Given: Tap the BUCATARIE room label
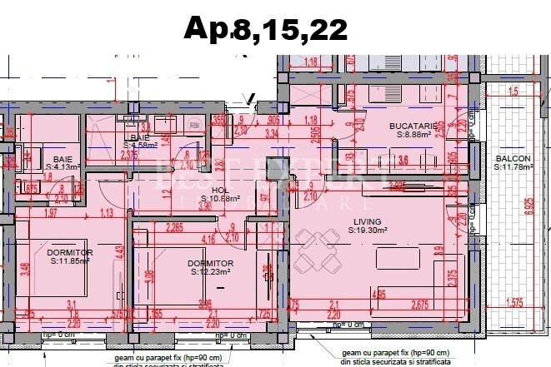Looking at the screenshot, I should [x=414, y=126].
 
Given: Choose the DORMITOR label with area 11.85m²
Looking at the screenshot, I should [x=69, y=252].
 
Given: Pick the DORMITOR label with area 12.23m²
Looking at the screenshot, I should [x=210, y=263].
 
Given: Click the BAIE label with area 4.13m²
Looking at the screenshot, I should [x=63, y=158].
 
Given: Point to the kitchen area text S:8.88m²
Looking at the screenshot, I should [x=413, y=134].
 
